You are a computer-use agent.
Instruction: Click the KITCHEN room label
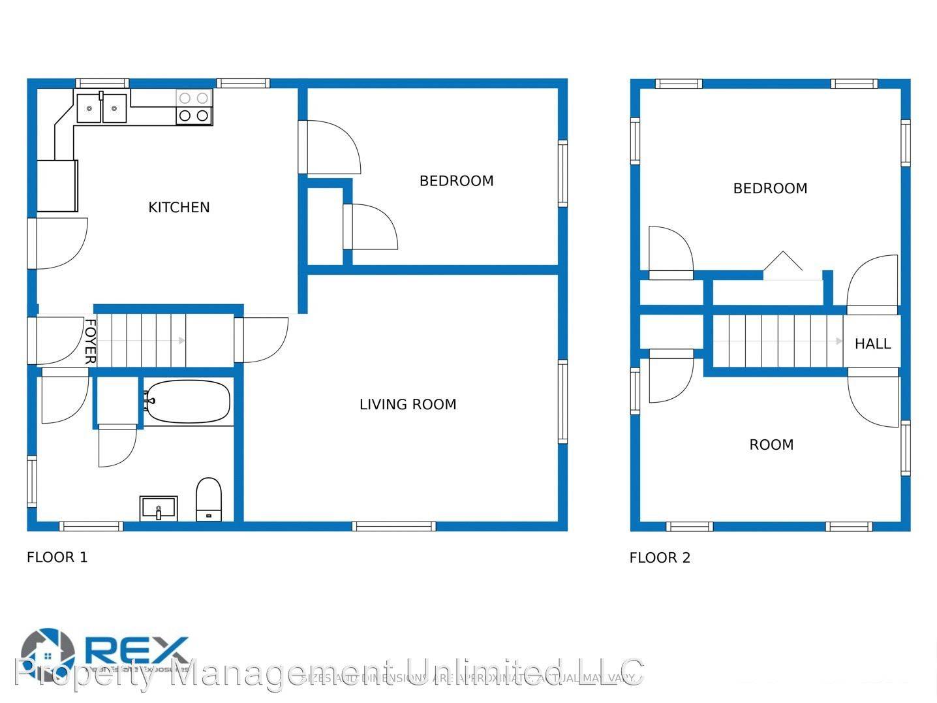point(179,208)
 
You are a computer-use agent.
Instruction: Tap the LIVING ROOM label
point(408,405)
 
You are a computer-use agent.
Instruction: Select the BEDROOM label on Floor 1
point(456,181)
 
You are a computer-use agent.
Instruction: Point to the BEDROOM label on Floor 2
point(770,189)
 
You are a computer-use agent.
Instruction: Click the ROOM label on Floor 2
point(771,445)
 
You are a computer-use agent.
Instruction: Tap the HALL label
point(872,344)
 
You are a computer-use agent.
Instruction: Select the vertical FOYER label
point(90,341)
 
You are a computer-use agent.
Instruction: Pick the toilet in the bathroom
point(209,499)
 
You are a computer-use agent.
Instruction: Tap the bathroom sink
point(159,508)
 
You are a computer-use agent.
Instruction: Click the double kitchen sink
point(102,108)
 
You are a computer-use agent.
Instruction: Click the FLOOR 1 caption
point(57,557)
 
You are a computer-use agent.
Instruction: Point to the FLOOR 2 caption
point(660,558)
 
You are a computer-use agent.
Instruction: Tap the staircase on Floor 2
point(776,341)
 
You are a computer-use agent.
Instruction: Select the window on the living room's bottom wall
point(393,526)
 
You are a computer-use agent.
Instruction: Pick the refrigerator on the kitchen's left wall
point(57,185)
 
